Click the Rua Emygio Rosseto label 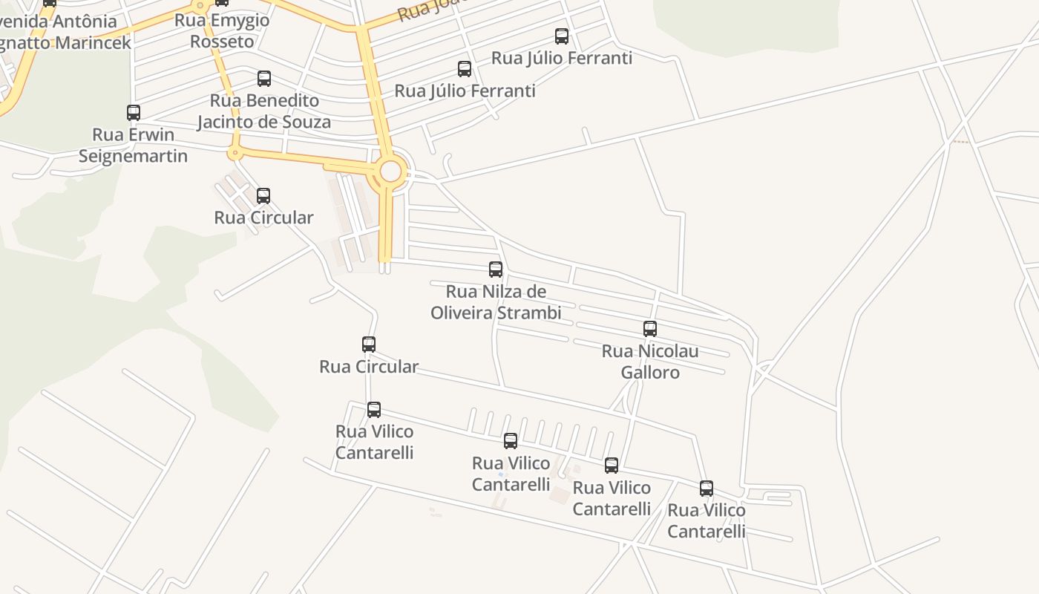click(x=222, y=30)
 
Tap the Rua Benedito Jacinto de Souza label click(x=264, y=111)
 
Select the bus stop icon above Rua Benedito click(x=264, y=79)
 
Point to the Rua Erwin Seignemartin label click(x=133, y=146)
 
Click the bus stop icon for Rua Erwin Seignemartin click(x=134, y=113)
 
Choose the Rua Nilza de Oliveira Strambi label click(x=496, y=302)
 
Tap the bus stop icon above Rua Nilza click(x=496, y=270)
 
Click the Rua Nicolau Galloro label click(x=650, y=361)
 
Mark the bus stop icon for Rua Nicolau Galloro click(x=650, y=329)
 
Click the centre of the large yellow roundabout click(x=390, y=172)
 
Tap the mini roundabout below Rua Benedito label click(x=235, y=154)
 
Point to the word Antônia click(x=85, y=22)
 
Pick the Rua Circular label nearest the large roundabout click(x=263, y=218)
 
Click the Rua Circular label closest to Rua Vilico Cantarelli click(x=369, y=367)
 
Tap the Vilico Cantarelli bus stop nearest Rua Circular click(x=374, y=410)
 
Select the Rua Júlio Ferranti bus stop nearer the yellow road click(x=465, y=69)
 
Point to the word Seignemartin click(x=133, y=156)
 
